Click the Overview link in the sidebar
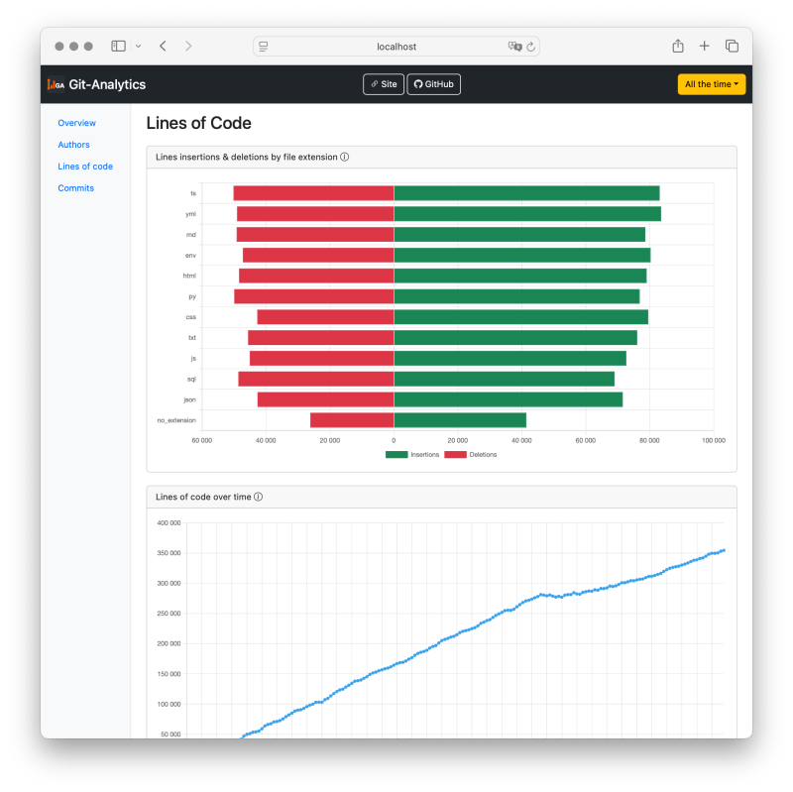[76, 123]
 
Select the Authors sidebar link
[73, 145]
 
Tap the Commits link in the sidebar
[75, 188]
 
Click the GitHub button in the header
[433, 84]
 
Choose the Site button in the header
[383, 84]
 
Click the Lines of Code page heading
[198, 123]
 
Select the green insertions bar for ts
[526, 193]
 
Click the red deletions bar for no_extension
[352, 420]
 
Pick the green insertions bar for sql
[504, 379]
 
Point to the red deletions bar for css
[325, 317]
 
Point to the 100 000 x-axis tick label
[713, 440]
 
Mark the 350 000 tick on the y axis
[169, 553]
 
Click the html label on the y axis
[189, 276]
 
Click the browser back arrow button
[163, 46]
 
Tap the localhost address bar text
[396, 47]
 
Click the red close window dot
[59, 46]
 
